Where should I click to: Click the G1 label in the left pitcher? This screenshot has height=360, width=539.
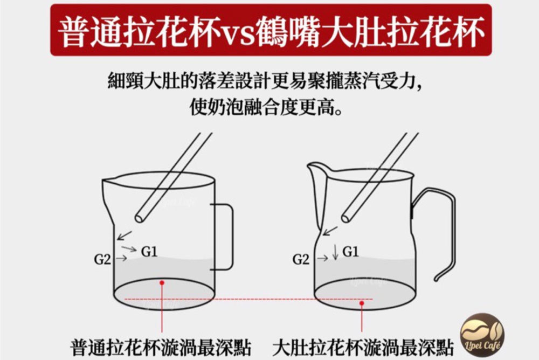pos(149,252)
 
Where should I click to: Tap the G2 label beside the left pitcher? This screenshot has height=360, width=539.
pos(102,259)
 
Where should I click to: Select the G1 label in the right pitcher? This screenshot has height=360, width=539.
pos(350,252)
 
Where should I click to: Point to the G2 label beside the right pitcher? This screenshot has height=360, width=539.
pos(301,259)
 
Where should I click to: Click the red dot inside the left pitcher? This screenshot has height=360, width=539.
pos(162,282)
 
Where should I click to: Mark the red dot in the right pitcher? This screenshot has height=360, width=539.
pos(362,303)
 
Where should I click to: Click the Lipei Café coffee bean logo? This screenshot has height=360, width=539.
pos(482,335)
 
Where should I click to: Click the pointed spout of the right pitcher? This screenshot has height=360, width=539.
pos(310,166)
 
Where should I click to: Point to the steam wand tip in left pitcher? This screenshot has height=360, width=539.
pos(140,218)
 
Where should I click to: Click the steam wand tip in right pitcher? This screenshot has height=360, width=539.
pos(346,218)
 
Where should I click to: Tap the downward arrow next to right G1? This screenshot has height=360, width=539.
pos(335,252)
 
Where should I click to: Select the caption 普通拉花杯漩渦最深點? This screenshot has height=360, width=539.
pos(161,347)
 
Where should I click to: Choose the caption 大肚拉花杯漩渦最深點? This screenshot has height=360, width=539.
pos(363,347)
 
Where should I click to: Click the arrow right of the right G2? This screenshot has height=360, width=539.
pos(322,258)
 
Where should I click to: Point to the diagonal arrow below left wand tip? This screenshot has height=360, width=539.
pos(124,236)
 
